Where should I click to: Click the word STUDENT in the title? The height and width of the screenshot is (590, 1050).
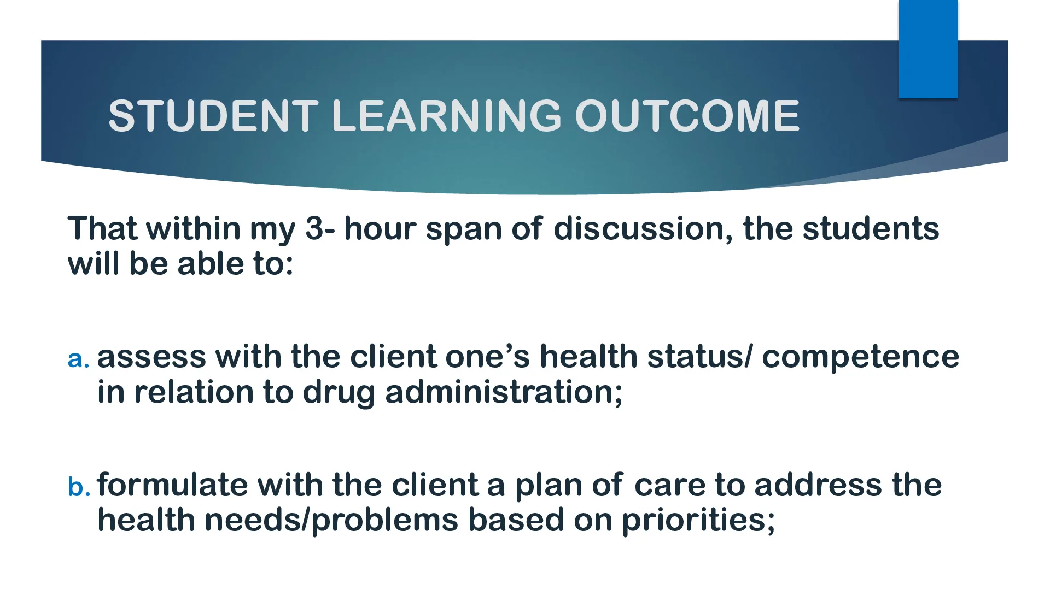[x=213, y=116]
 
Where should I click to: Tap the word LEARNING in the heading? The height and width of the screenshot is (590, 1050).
[x=446, y=116]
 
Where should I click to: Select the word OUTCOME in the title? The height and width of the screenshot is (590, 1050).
[x=687, y=116]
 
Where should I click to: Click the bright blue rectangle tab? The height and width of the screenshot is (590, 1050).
[x=928, y=49]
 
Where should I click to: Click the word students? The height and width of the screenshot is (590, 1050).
[x=871, y=228]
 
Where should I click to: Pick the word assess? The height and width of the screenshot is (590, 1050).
[x=151, y=357]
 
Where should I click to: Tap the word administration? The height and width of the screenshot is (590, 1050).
[x=504, y=392]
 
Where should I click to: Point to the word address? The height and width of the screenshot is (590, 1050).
[x=818, y=485]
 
